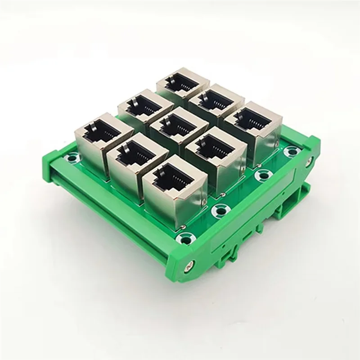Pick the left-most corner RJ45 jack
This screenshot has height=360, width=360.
pyautogui.click(x=102, y=132)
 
